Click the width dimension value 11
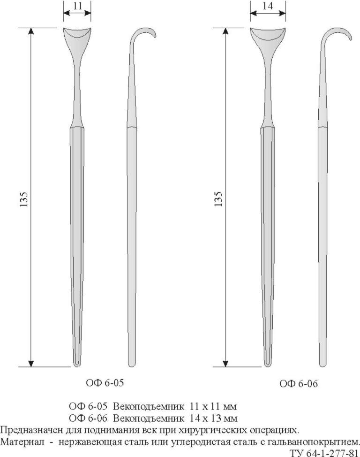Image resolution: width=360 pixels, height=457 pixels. (x=78, y=6)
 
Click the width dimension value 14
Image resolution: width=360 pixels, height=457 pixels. (x=267, y=6)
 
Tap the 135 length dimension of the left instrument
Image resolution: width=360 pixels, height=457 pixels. (x=23, y=199)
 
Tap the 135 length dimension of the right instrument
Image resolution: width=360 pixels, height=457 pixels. (x=218, y=199)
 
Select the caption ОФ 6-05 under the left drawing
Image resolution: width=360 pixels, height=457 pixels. (x=105, y=383)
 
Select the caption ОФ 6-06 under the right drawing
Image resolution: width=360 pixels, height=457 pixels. (x=299, y=383)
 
